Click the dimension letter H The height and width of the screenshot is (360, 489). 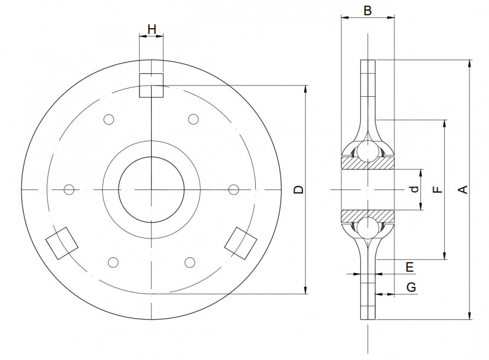(x=151, y=29)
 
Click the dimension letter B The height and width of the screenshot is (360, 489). (x=367, y=11)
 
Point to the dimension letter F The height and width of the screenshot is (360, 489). (x=437, y=189)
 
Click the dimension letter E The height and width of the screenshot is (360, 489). (x=410, y=267)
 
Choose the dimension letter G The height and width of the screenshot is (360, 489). (x=412, y=287)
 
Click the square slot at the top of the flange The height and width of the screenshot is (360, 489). (x=151, y=85)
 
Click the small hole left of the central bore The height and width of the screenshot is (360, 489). (x=69, y=189)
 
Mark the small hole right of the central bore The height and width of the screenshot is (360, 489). (x=233, y=189)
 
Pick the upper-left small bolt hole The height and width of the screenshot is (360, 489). (x=108, y=120)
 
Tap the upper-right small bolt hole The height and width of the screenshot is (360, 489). (x=193, y=120)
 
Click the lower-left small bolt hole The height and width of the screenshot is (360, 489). (x=112, y=261)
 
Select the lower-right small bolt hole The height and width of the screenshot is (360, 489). (x=190, y=261)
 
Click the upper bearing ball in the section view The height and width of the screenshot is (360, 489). (x=367, y=152)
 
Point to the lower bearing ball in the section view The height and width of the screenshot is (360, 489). (x=367, y=227)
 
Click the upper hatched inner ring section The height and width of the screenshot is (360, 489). (x=367, y=163)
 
